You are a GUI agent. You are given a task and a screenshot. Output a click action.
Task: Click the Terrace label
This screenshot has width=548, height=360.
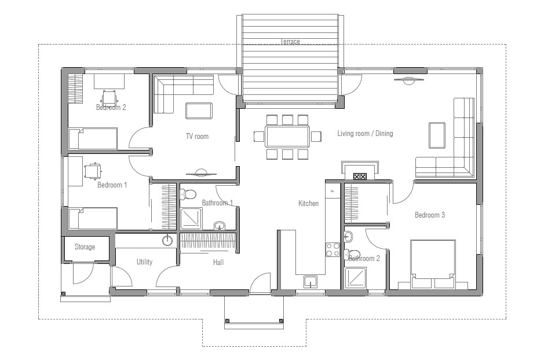(x=290, y=42)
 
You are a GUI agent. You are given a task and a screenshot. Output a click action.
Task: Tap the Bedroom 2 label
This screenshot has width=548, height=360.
(x=111, y=107)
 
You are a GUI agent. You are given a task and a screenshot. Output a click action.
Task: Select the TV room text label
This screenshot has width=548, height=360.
(x=197, y=137)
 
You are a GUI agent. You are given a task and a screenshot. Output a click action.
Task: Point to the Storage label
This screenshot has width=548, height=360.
(x=85, y=247)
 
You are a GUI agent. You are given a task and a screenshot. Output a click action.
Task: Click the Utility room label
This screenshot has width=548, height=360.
(x=144, y=262)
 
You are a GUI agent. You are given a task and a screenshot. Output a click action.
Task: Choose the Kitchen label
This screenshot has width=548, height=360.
(x=308, y=203)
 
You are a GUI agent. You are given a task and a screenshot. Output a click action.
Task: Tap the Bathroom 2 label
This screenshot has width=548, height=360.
(x=364, y=259)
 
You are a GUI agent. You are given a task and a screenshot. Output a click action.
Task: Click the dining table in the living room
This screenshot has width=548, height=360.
(x=288, y=137)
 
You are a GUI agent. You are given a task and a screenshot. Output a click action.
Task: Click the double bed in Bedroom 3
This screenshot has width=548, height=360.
(x=433, y=264)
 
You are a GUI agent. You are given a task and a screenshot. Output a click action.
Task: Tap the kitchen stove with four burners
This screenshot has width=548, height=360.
(x=333, y=249)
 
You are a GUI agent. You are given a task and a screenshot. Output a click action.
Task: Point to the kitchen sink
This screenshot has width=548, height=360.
(x=310, y=281)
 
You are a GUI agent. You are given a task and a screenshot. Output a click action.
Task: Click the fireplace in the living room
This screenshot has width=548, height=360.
(x=360, y=172)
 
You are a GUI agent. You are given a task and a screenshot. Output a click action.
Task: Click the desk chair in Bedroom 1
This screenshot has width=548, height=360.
(x=93, y=170)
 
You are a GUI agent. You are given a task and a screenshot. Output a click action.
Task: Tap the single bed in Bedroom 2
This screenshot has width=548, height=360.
(x=93, y=139)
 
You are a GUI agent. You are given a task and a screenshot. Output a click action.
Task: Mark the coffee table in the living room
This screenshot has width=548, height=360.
(x=437, y=134)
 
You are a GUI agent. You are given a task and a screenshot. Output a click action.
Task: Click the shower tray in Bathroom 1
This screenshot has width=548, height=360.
(x=191, y=219)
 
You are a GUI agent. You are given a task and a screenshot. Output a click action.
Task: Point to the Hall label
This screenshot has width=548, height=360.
(x=218, y=262)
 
